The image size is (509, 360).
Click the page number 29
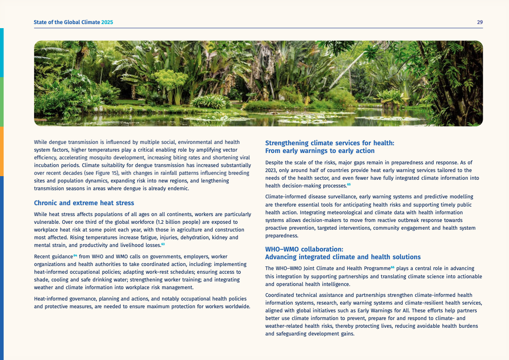(x=479, y=22)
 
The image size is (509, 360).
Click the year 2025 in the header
(x=107, y=22)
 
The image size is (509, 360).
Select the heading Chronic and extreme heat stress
(x=84, y=203)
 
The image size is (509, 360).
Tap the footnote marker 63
(x=163, y=244)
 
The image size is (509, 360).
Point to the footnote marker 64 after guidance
(x=75, y=256)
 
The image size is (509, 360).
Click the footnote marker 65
(x=349, y=184)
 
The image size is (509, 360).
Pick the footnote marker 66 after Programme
(x=393, y=267)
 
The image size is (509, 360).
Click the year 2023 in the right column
(x=271, y=170)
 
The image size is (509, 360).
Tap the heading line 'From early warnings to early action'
(x=320, y=151)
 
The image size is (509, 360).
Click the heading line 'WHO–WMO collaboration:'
(x=304, y=249)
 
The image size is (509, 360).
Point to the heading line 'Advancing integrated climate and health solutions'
(x=343, y=257)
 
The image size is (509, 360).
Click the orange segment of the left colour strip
(x=2, y=151)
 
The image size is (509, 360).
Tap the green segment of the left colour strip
(x=2, y=102)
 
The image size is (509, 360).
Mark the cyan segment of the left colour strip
(x=2, y=53)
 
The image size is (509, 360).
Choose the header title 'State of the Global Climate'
(x=67, y=22)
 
